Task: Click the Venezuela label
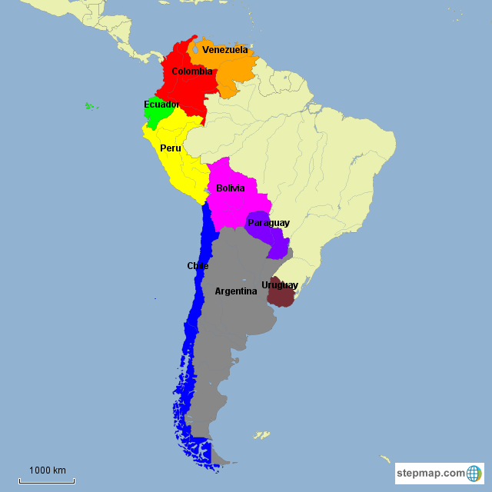[x=224, y=50]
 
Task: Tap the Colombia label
[x=192, y=71]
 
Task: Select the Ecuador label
[x=161, y=105]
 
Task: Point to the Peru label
[x=171, y=148]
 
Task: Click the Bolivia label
[x=231, y=188]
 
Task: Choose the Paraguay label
[x=268, y=223]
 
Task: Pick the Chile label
[x=198, y=266]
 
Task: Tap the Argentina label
[x=236, y=291]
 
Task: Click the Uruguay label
[x=280, y=285]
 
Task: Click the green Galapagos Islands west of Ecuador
[x=91, y=105]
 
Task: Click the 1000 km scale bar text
[x=48, y=470]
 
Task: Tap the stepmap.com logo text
[x=431, y=473]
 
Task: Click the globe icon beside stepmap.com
[x=474, y=473]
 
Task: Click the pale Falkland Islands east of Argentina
[x=262, y=435]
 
